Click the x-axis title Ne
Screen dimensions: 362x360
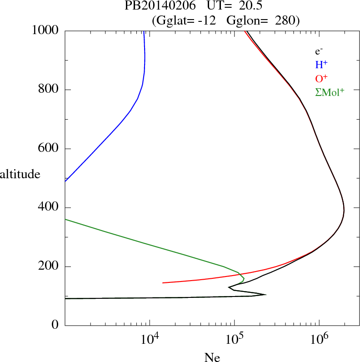point(212,357)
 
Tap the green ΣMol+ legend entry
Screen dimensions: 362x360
point(330,92)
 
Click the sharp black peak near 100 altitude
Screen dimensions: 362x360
point(265,295)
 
